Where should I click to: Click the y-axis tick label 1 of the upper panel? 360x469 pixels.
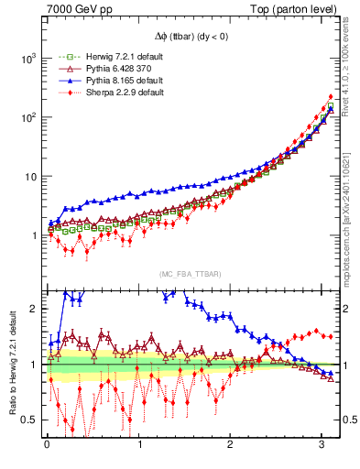pos(33,235)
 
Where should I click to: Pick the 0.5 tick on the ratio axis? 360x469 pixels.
pos(29,420)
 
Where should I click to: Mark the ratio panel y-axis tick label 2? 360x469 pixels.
pos(35,309)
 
